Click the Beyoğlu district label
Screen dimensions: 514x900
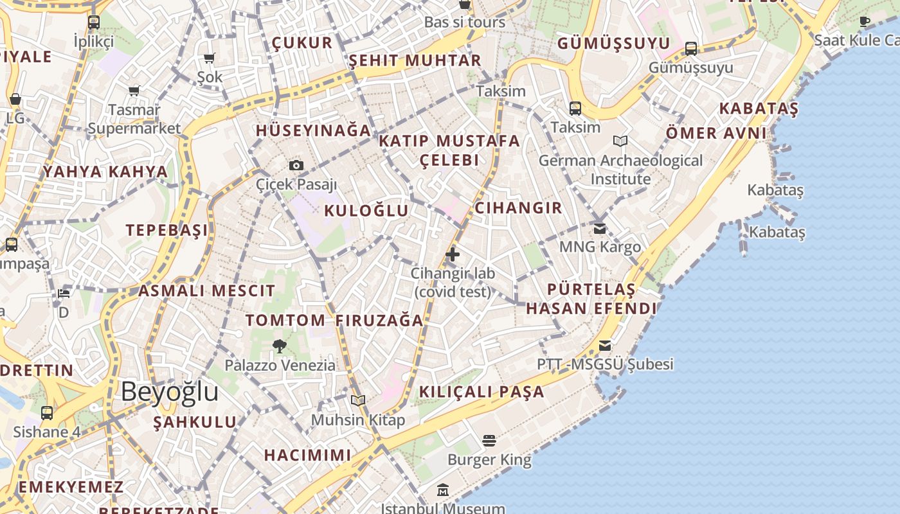click(x=170, y=391)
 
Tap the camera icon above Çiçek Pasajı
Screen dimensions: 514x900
click(x=296, y=165)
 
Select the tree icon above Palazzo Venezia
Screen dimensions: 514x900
click(x=280, y=346)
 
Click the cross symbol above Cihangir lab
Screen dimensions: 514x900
click(x=453, y=254)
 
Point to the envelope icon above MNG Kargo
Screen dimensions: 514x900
click(x=600, y=228)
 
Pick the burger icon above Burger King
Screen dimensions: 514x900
click(x=489, y=441)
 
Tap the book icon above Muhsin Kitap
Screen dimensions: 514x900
click(x=358, y=401)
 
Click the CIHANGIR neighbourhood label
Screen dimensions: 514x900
click(x=518, y=208)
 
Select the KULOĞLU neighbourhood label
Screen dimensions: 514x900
click(x=366, y=211)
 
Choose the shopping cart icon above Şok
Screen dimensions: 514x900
click(x=209, y=58)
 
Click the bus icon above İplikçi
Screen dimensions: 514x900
click(x=94, y=22)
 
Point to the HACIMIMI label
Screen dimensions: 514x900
click(x=308, y=455)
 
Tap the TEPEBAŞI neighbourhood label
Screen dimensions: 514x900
click(x=167, y=230)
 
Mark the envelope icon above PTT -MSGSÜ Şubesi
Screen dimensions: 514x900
click(x=605, y=346)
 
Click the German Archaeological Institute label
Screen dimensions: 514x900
click(x=620, y=169)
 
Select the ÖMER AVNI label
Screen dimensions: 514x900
click(x=716, y=133)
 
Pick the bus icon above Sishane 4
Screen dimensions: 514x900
click(x=47, y=412)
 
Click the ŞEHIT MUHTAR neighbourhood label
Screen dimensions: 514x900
click(x=415, y=60)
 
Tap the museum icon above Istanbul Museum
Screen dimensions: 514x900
click(x=443, y=490)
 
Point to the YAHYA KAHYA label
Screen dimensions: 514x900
click(x=105, y=172)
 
